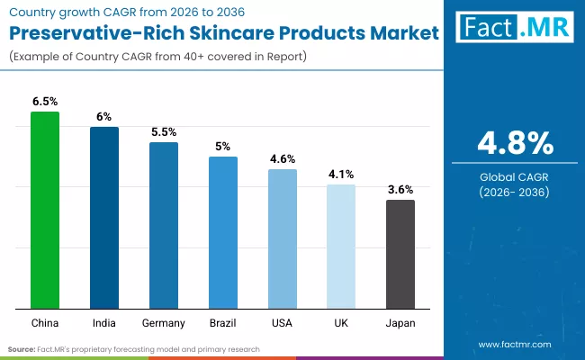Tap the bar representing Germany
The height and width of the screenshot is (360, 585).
click(164, 224)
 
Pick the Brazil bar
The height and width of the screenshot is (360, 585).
click(223, 231)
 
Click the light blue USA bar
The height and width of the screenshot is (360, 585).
click(283, 238)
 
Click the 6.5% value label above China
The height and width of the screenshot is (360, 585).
click(45, 102)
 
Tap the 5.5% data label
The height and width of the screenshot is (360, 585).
click(164, 131)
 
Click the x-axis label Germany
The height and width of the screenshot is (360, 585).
click(164, 322)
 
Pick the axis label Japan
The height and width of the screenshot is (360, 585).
click(400, 322)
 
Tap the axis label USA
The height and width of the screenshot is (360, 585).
click(283, 322)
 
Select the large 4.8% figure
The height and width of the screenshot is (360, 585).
click(514, 143)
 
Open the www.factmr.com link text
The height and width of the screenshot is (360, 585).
click(514, 344)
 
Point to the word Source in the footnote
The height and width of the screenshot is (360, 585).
click(22, 348)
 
